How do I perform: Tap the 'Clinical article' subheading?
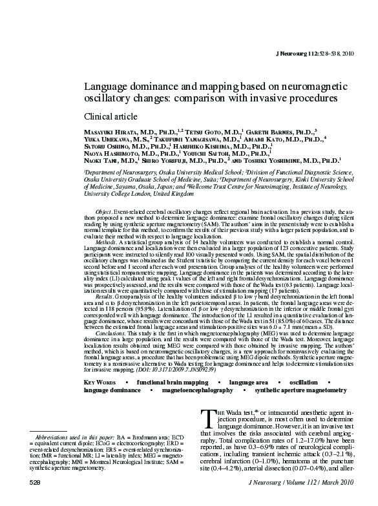pyautogui.click(x=111, y=117)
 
